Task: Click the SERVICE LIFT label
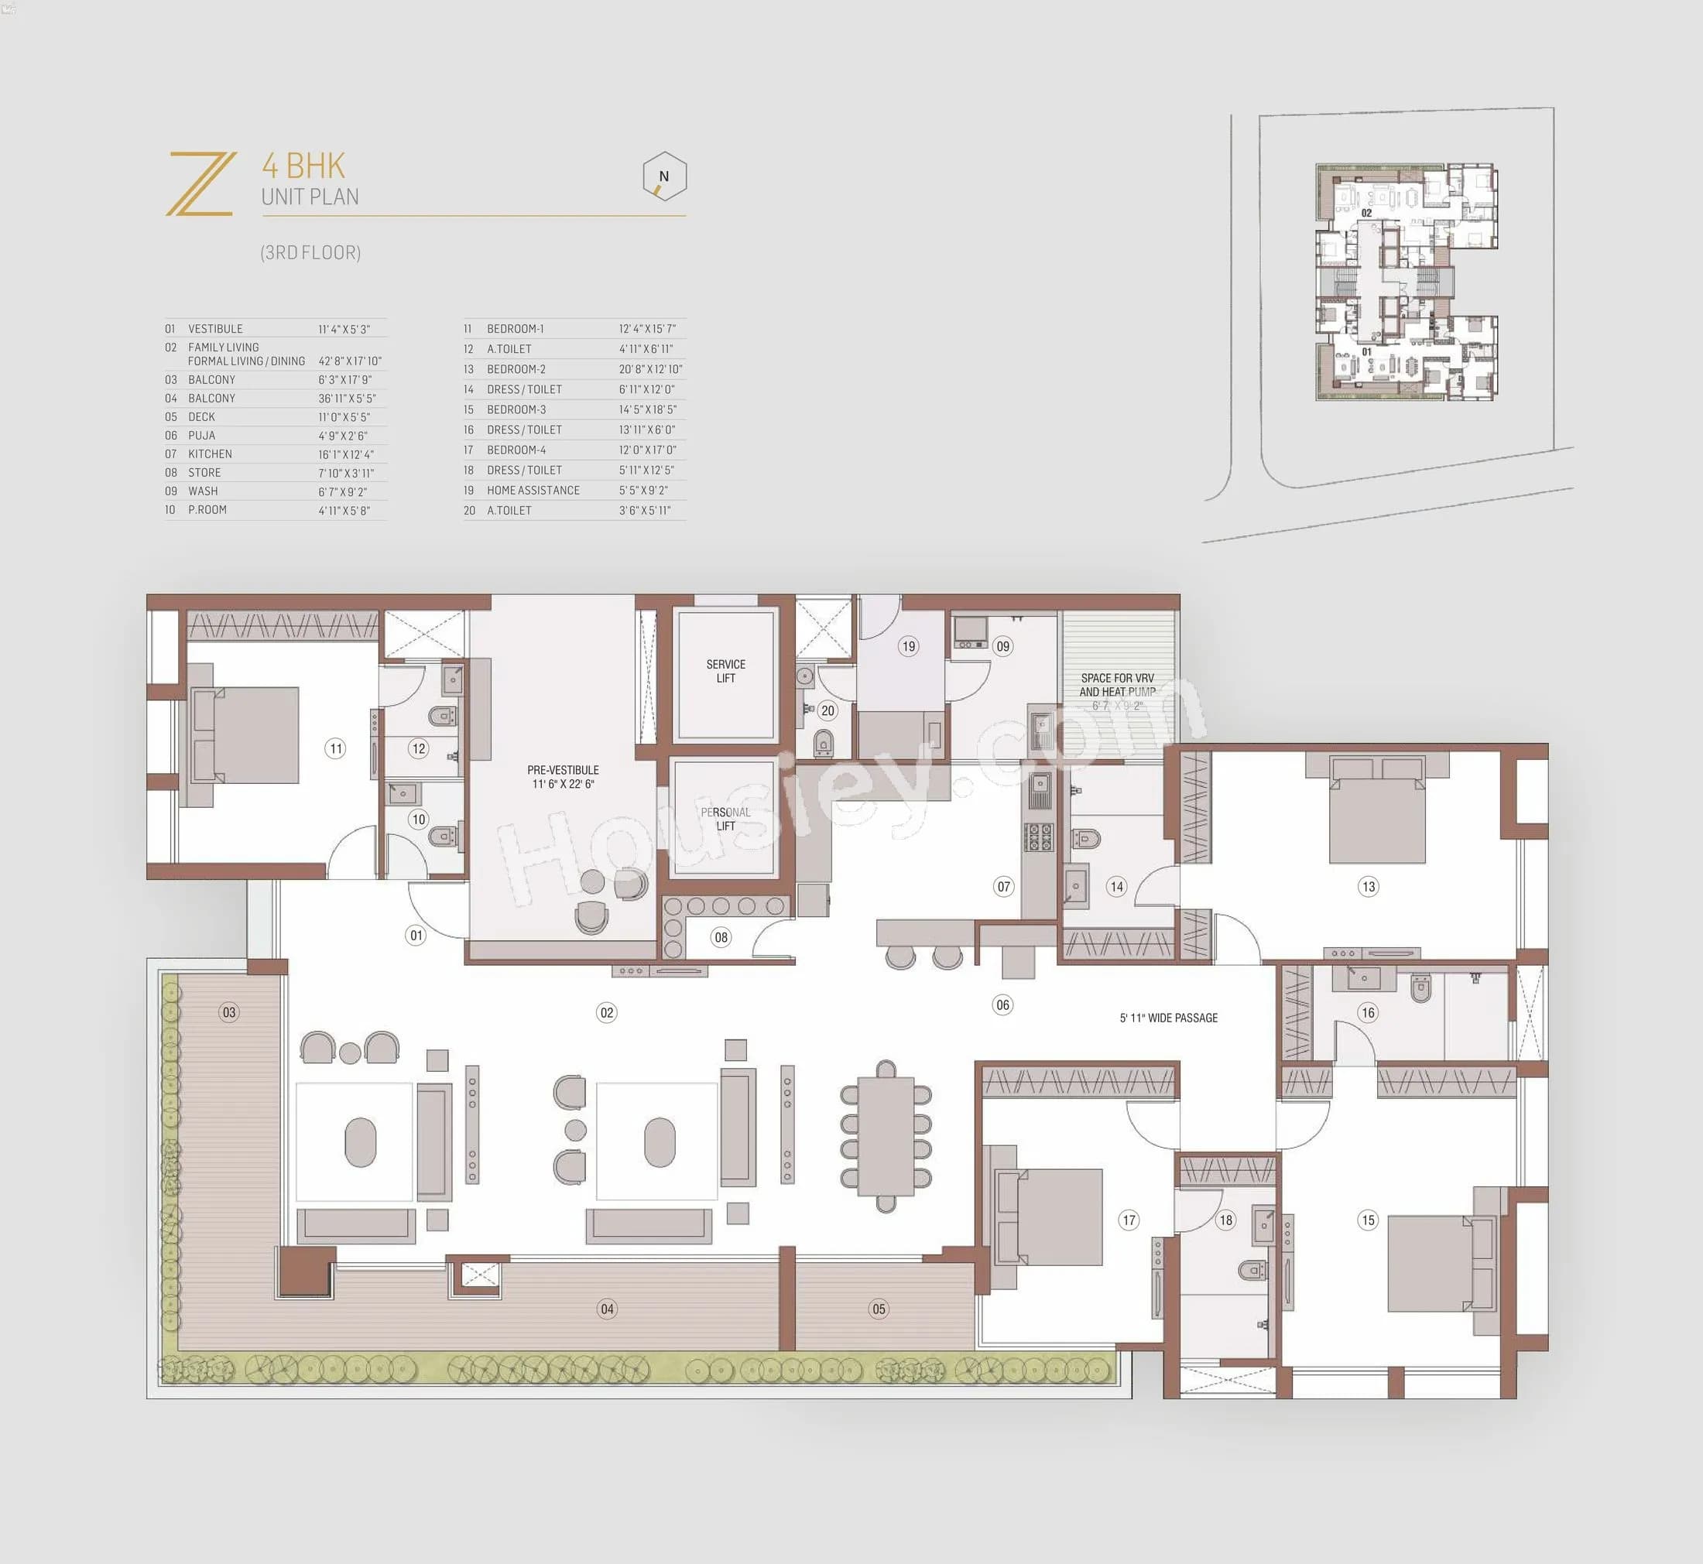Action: tap(725, 671)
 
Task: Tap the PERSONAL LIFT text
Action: tap(725, 819)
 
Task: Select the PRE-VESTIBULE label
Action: tap(563, 776)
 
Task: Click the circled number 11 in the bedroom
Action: tap(336, 748)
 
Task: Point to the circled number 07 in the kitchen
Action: tap(1003, 886)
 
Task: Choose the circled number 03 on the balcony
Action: tap(228, 1011)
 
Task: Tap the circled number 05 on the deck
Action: tap(879, 1309)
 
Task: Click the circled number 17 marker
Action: tap(1129, 1220)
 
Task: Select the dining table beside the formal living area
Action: tap(886, 1136)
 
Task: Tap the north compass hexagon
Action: tap(663, 176)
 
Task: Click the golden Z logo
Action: tap(201, 183)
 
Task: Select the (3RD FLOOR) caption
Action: tap(310, 252)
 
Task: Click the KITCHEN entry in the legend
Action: tap(210, 453)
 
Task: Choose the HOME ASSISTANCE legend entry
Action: tap(533, 490)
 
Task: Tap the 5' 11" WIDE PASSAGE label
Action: tap(1168, 1018)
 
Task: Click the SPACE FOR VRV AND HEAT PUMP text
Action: tap(1116, 685)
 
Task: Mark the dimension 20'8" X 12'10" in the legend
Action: tap(650, 369)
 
